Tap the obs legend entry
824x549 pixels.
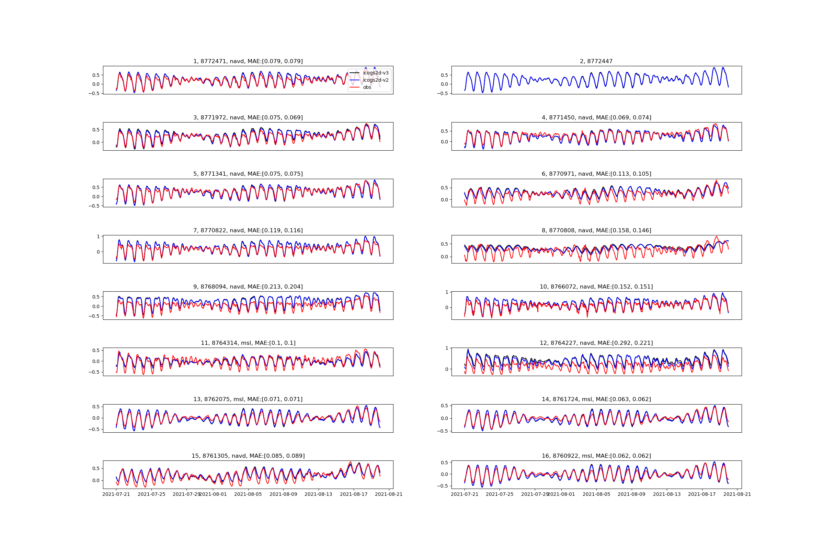(367, 87)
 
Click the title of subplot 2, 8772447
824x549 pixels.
(596, 61)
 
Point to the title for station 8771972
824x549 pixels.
(248, 118)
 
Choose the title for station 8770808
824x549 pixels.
(596, 230)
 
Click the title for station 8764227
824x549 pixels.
(596, 343)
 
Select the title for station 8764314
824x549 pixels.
(248, 343)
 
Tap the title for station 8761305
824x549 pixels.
(248, 456)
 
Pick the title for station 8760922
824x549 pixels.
(596, 456)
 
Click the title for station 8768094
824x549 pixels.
(248, 287)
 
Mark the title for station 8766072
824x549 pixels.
(596, 287)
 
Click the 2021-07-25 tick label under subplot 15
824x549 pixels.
(151, 494)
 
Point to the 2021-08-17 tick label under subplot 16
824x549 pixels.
(702, 494)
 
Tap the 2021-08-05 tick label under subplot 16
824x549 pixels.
(596, 494)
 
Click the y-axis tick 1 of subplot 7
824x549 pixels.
(99, 236)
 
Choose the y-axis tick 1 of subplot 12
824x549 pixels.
(447, 348)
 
